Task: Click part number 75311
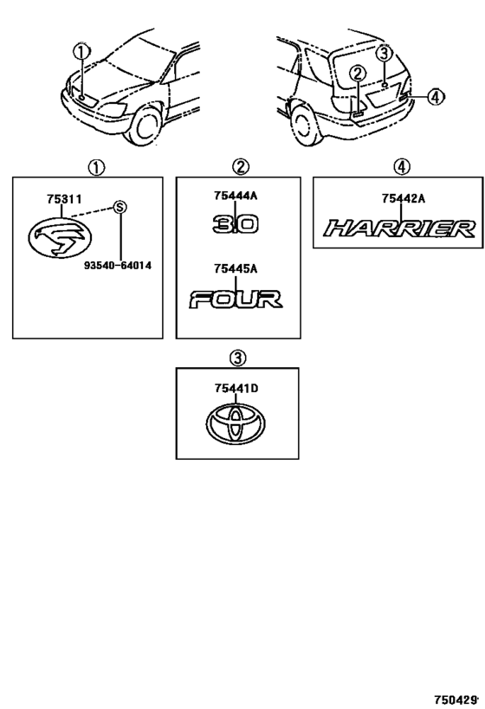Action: coord(64,199)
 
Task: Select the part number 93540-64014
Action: coord(118,266)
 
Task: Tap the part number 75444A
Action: coord(236,196)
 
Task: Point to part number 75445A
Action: coord(236,269)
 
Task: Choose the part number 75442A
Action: coord(404,198)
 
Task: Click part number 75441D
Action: coord(236,389)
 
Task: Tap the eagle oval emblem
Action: coord(60,237)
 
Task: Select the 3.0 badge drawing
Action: coord(236,224)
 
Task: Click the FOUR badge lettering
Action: coord(236,300)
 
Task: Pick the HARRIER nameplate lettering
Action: coord(400,229)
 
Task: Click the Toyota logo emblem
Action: coord(236,423)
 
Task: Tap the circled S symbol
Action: coord(120,207)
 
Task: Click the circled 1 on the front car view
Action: coord(82,52)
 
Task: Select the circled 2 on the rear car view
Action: coord(358,74)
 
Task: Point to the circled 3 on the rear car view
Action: coord(384,54)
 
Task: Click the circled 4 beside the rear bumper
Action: coord(435,96)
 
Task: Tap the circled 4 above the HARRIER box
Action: coord(402,167)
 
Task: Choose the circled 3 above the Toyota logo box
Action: coord(237,359)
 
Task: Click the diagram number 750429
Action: coord(456,700)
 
